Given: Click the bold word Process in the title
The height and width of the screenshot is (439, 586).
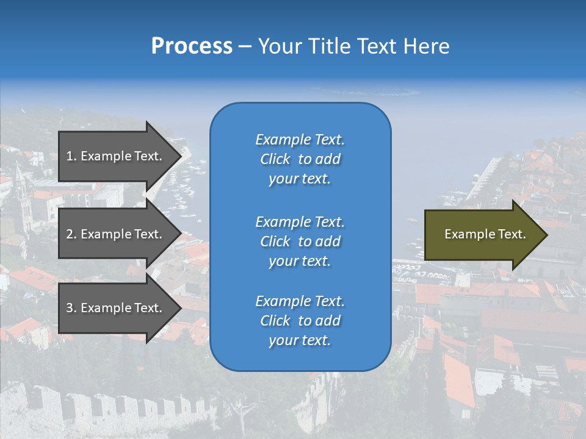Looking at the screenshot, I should click(192, 46).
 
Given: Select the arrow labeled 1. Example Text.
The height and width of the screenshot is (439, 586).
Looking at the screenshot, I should click(116, 156).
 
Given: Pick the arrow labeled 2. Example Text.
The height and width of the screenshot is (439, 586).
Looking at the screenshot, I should click(116, 234).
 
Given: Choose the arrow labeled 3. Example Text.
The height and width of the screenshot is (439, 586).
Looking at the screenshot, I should click(116, 308).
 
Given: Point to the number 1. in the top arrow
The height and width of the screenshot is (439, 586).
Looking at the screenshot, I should click(71, 156).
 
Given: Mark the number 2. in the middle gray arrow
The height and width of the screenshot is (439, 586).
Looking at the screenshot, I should click(71, 234).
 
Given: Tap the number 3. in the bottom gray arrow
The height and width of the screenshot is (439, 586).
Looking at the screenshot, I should click(71, 308).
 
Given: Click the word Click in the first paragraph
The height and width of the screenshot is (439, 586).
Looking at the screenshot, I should click(275, 159).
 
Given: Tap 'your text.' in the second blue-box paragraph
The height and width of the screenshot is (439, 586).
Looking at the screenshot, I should click(300, 261).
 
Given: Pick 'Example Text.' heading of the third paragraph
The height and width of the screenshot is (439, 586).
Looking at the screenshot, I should click(300, 301).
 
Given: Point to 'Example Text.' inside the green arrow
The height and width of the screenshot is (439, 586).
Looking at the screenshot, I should click(485, 234).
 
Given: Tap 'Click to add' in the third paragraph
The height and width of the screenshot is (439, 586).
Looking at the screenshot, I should click(300, 321).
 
